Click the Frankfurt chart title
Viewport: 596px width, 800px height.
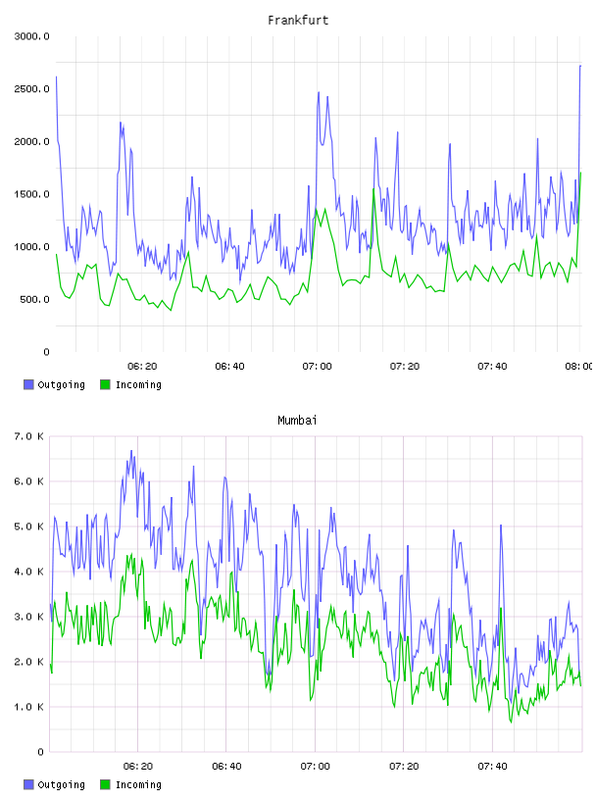(298, 20)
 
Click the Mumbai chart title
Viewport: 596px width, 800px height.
(297, 420)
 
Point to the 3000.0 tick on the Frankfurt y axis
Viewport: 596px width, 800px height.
(32, 36)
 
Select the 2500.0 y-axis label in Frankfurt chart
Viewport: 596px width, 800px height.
(32, 89)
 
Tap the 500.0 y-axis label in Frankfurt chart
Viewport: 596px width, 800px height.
(34, 299)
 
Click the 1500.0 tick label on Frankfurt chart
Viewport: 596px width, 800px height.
(32, 194)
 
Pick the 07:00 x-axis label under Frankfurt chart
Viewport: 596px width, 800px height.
(317, 366)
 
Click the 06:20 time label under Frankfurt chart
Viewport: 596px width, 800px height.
(142, 366)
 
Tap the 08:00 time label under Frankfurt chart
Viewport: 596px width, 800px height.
(579, 366)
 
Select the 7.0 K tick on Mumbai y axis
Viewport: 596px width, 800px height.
(29, 436)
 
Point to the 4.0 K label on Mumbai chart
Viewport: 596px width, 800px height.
(29, 572)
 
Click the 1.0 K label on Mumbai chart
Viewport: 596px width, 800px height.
(29, 707)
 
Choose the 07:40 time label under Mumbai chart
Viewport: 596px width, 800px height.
(492, 766)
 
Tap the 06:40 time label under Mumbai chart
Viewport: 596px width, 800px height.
(226, 766)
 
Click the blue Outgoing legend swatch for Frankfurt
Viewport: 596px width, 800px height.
(28, 384)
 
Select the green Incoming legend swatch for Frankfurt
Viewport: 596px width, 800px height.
(105, 384)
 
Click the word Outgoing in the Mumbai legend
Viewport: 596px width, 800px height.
(61, 784)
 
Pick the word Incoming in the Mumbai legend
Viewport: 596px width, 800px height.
(138, 784)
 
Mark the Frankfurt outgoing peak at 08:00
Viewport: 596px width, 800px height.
(580, 66)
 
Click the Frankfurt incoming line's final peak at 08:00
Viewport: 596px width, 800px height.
(580, 173)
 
